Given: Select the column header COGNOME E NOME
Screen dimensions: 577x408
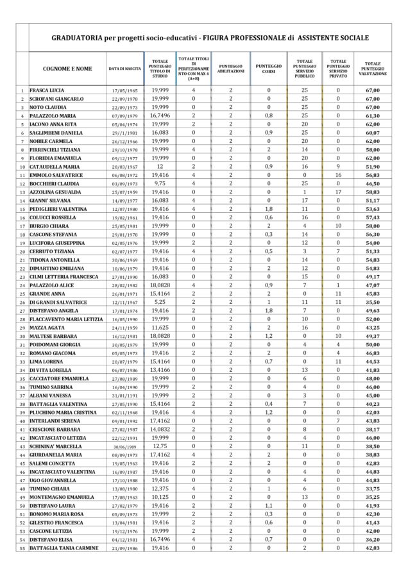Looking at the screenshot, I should (x=67, y=68).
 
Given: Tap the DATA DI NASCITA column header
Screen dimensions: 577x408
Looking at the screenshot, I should (x=125, y=68).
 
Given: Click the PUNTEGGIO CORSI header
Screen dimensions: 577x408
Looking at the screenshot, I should (x=268, y=68).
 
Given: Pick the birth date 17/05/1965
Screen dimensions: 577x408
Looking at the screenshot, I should (x=125, y=90).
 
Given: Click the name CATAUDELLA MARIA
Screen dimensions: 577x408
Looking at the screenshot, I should (x=56, y=167).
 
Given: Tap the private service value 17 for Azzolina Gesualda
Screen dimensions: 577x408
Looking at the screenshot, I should (x=338, y=192).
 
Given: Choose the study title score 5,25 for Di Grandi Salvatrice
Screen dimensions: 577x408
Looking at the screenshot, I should (x=160, y=301).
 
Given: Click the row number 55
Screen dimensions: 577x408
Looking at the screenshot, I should (x=22, y=548).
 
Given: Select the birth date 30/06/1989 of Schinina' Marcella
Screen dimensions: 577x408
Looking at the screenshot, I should (x=125, y=446).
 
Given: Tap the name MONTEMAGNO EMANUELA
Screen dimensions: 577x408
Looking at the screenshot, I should (x=62, y=497).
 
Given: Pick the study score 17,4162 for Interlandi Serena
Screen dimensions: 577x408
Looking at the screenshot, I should (x=160, y=421).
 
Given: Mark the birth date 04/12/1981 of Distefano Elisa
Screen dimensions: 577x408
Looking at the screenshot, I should (x=125, y=539).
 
